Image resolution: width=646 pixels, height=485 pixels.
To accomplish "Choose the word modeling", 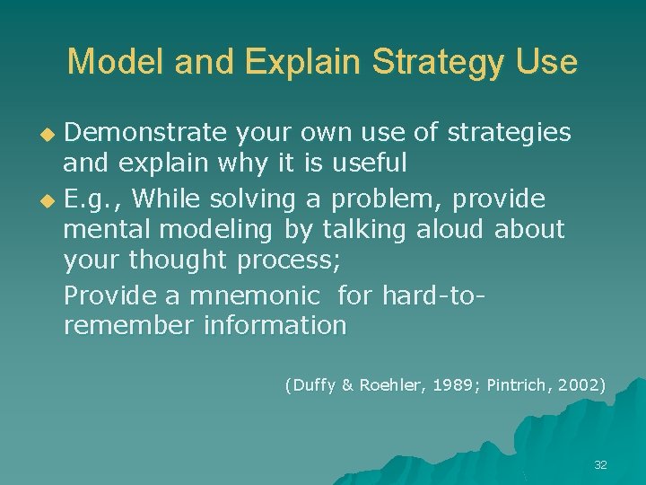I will (221, 230).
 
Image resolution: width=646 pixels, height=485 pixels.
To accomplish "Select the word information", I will (275, 325).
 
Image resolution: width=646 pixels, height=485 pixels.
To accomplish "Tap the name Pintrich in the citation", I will (515, 385).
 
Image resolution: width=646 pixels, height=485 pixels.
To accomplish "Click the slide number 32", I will (600, 464).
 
